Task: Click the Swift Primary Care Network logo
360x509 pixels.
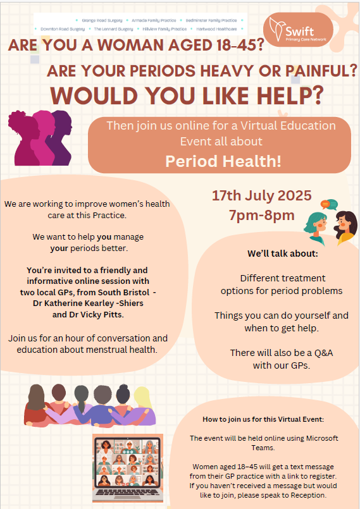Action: (x=298, y=30)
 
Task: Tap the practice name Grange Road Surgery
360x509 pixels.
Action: (x=102, y=20)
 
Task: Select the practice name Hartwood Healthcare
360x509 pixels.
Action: (x=216, y=29)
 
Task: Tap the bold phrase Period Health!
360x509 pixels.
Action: (x=223, y=161)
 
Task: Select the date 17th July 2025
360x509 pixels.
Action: (x=261, y=195)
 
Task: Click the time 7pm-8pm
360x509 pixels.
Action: (x=261, y=215)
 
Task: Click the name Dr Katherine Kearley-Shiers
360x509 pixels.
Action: (x=88, y=304)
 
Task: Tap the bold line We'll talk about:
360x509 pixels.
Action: (x=283, y=254)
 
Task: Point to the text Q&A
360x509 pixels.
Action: (x=323, y=353)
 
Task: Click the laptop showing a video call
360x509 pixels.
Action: (x=128, y=468)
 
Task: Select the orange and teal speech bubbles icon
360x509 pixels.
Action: (x=329, y=204)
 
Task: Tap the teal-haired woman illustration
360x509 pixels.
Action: (x=315, y=228)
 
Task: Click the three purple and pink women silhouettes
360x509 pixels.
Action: (x=40, y=138)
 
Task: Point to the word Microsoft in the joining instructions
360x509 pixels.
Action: (x=322, y=438)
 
